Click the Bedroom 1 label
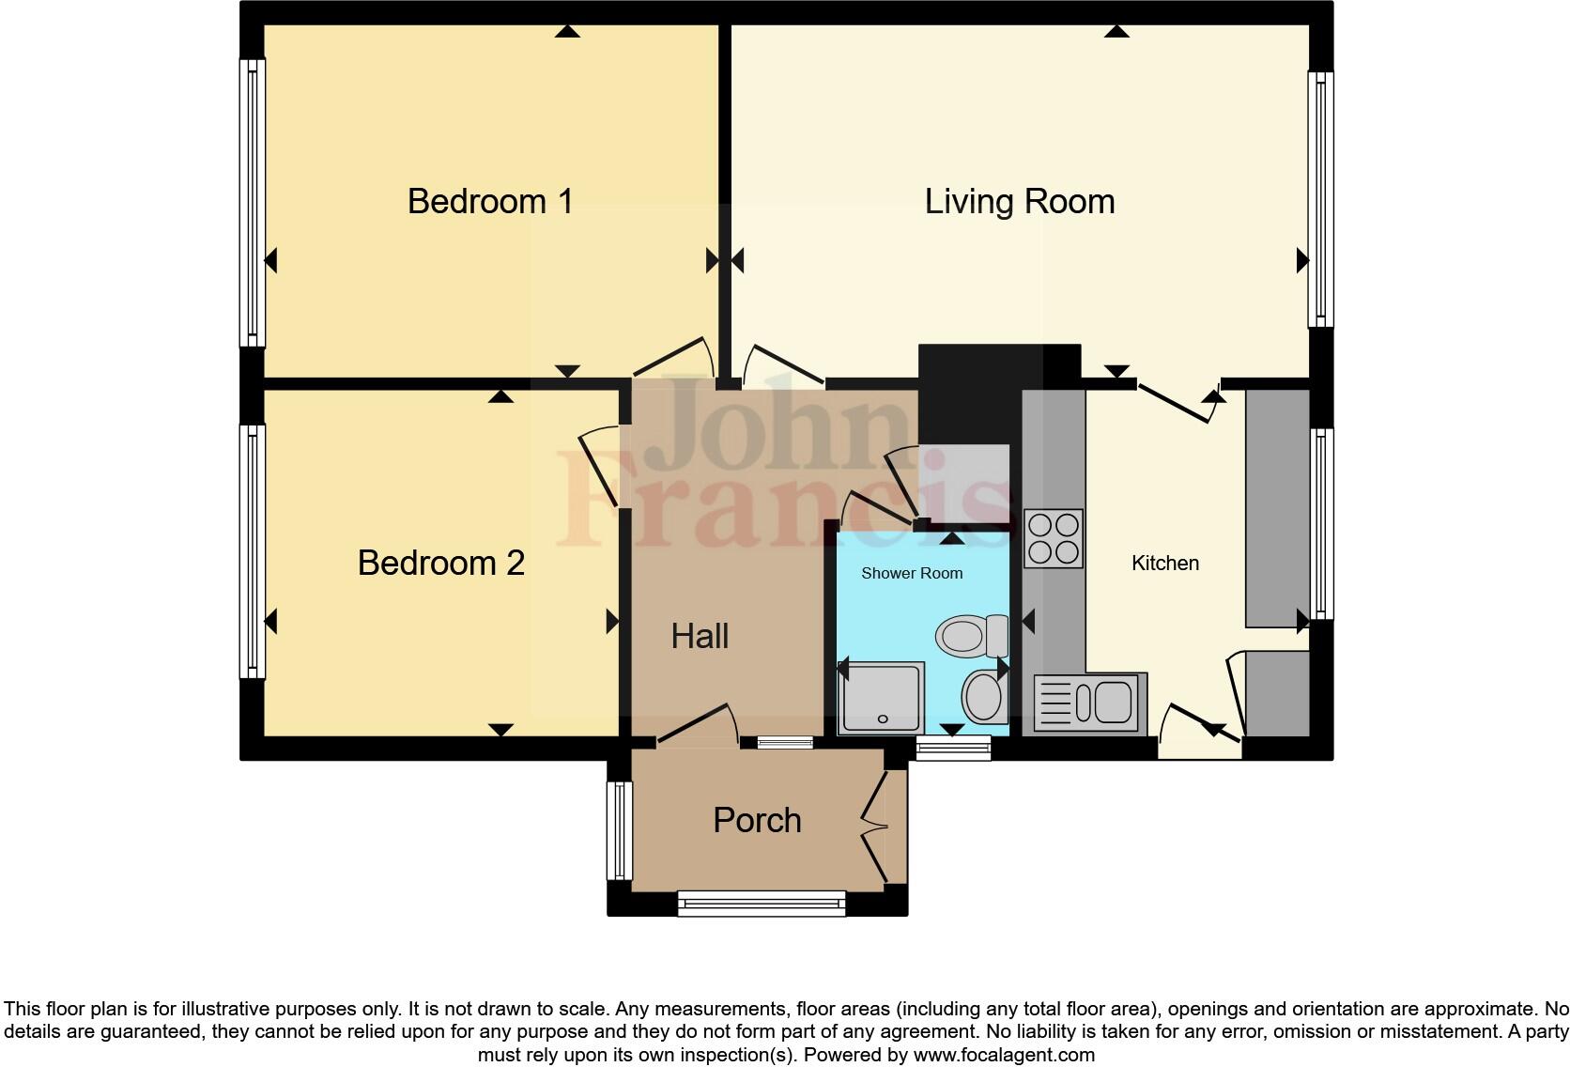[x=490, y=201]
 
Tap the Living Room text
[x=1019, y=201]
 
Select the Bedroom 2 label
[x=440, y=563]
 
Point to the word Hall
[x=700, y=636]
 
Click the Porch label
[x=757, y=820]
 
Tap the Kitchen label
[x=1164, y=563]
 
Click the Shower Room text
[x=912, y=573]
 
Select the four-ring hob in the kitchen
[x=1053, y=538]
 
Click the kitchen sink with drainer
[x=1089, y=703]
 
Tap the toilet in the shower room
[x=971, y=637]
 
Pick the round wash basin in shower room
[x=984, y=696]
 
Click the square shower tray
[x=881, y=697]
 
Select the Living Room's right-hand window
[x=1321, y=199]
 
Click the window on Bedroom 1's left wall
[x=252, y=202]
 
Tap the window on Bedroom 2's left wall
[x=252, y=550]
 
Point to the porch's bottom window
[x=762, y=904]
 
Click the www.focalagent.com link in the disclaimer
[x=1003, y=1055]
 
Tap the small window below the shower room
[x=953, y=748]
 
